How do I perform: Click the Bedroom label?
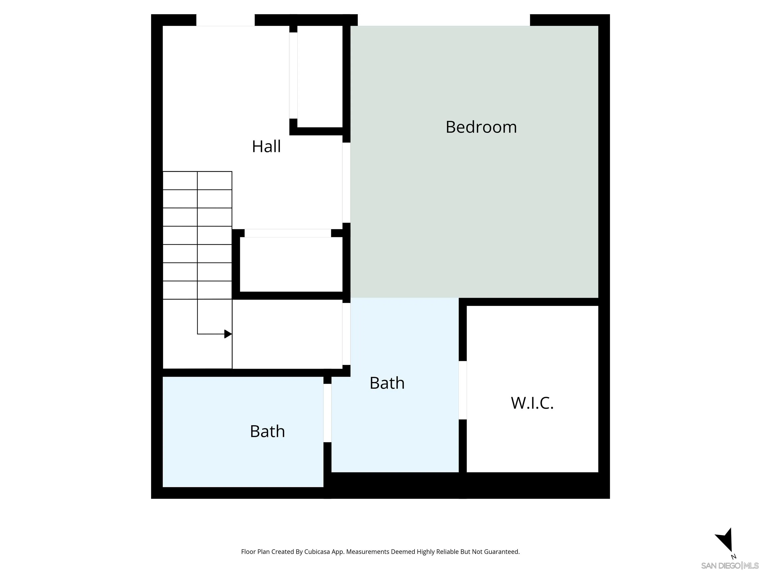tap(481, 127)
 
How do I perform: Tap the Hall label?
tap(266, 147)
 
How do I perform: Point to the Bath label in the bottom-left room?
tap(267, 431)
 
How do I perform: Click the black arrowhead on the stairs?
tap(228, 334)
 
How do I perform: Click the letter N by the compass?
tap(734, 557)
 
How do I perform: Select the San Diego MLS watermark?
tap(729, 566)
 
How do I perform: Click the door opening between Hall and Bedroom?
tap(347, 182)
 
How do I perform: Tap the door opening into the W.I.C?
tap(463, 390)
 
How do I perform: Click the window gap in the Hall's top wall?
tap(225, 20)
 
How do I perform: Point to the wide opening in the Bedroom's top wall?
tap(444, 20)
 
